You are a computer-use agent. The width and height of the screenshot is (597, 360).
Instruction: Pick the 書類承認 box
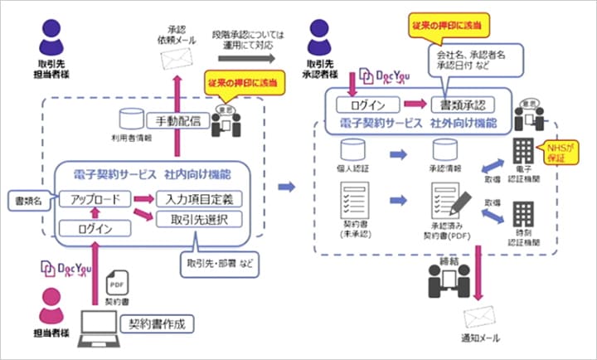pos(461,105)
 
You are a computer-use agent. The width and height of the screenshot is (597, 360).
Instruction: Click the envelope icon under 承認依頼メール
pos(175,58)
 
